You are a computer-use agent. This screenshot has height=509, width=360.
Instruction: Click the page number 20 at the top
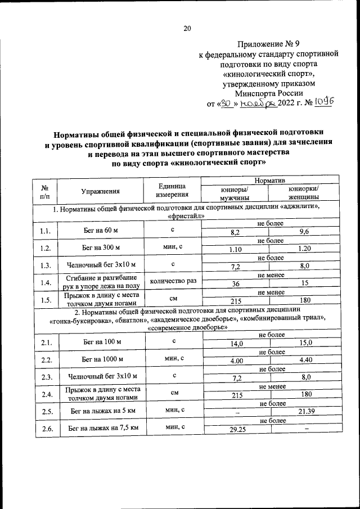[187, 29]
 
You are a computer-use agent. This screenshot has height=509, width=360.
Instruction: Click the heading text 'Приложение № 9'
[269, 44]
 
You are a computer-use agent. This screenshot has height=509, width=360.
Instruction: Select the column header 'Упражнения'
[101, 191]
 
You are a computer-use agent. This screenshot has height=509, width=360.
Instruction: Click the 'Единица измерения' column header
[173, 191]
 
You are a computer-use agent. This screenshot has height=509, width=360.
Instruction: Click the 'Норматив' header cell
[269, 179]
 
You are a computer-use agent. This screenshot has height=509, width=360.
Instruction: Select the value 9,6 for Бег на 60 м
[304, 232]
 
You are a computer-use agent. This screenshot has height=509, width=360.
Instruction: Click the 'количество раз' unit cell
[173, 281]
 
